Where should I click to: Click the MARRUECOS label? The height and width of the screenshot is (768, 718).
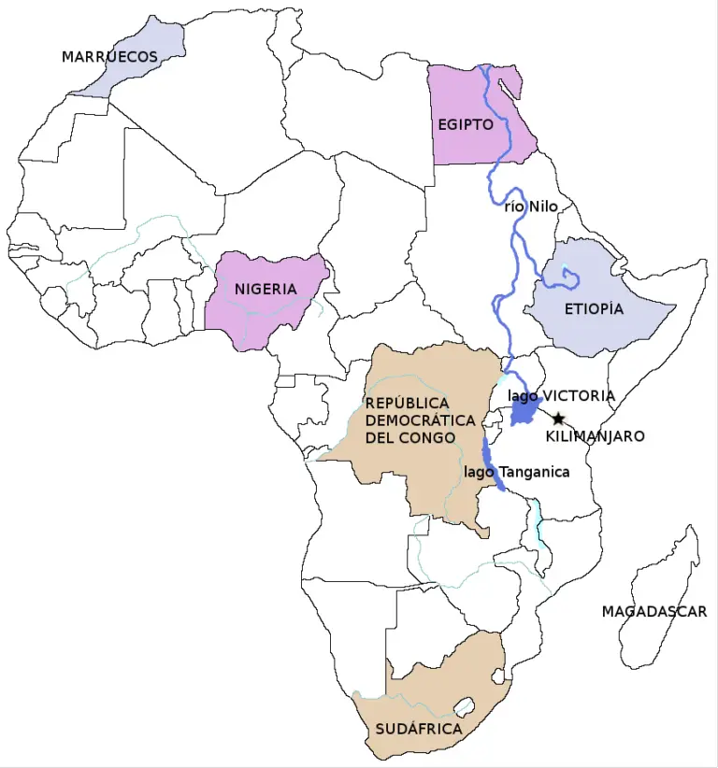[109, 57]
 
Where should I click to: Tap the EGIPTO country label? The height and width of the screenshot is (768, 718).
[465, 124]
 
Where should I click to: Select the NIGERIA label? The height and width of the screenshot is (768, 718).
[266, 289]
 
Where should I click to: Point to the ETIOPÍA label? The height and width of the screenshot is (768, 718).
[594, 309]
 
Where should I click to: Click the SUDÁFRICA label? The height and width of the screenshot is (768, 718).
[419, 728]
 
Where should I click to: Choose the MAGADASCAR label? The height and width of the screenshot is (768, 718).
[653, 612]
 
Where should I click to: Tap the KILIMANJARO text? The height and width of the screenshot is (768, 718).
[595, 436]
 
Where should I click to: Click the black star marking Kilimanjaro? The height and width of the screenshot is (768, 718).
[558, 419]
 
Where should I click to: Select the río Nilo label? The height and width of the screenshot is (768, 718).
[531, 206]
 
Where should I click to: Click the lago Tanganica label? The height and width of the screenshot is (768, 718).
[516, 472]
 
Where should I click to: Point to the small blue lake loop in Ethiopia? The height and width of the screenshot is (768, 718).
[567, 274]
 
